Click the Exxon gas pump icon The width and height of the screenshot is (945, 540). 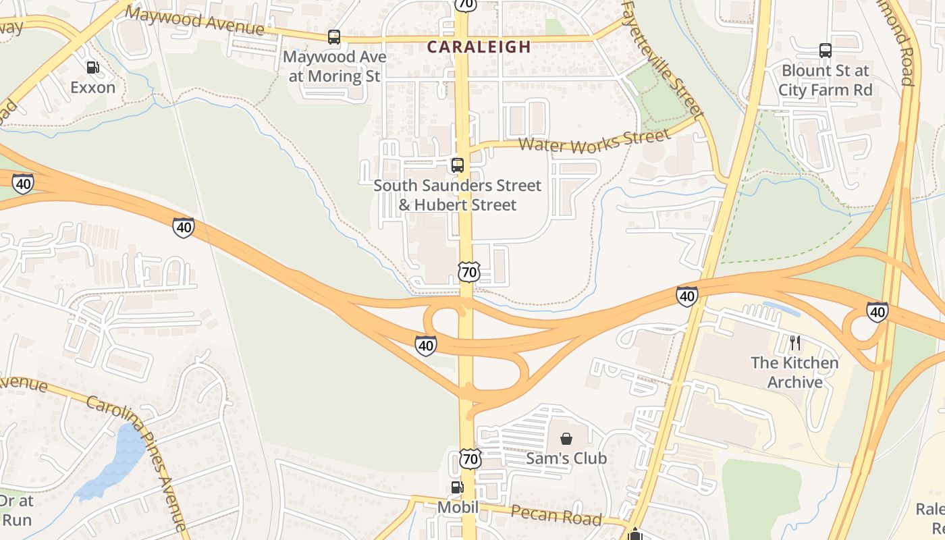pos(92,67)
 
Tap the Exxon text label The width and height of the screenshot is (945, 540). pos(93,87)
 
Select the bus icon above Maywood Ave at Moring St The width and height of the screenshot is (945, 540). pos(334,37)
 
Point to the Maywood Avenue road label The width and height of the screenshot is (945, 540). pos(194,20)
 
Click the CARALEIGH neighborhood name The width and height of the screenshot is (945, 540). pos(479,47)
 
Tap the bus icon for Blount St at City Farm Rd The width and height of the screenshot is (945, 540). pos(825,51)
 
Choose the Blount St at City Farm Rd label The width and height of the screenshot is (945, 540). pos(825,80)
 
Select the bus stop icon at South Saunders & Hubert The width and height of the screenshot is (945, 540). pos(458,165)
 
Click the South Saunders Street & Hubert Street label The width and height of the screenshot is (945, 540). pos(458,195)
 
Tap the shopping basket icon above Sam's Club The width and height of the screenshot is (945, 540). pos(566,439)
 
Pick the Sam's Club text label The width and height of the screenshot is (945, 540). pos(566,458)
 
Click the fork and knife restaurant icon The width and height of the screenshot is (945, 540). pos(794,343)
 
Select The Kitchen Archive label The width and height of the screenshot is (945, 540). pos(794,372)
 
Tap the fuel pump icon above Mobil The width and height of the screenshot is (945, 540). pos(457,487)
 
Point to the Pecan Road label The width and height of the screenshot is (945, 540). pos(556,515)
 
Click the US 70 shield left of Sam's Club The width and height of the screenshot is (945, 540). pos(470,459)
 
